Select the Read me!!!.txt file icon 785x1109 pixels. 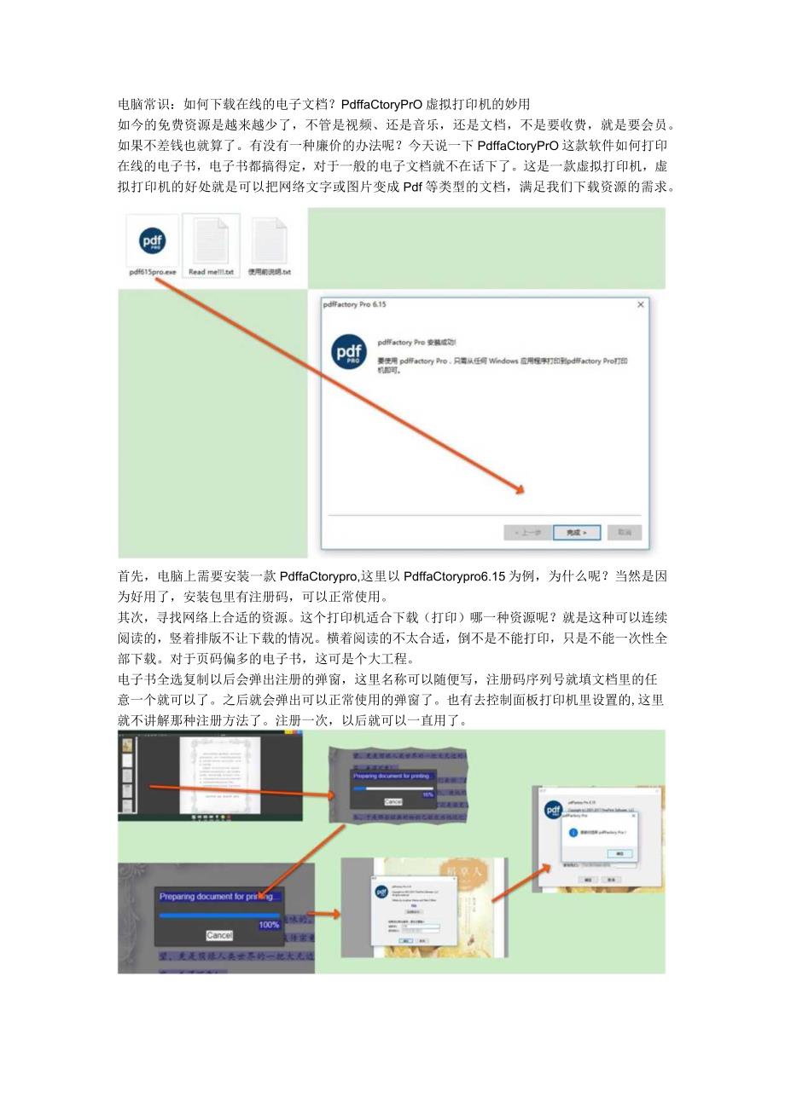(x=211, y=241)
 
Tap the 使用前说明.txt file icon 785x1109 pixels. (x=269, y=241)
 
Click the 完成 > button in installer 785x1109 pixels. (x=577, y=532)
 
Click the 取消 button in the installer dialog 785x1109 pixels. (x=625, y=532)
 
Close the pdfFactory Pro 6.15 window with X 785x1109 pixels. (x=641, y=304)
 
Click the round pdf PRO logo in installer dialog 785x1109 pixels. (x=349, y=353)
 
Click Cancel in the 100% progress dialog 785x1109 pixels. (x=219, y=935)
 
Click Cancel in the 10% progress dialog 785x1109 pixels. (x=392, y=802)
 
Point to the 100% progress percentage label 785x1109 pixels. (x=269, y=924)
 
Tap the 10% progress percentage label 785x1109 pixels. (x=427, y=794)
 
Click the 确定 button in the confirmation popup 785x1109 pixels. (x=619, y=853)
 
